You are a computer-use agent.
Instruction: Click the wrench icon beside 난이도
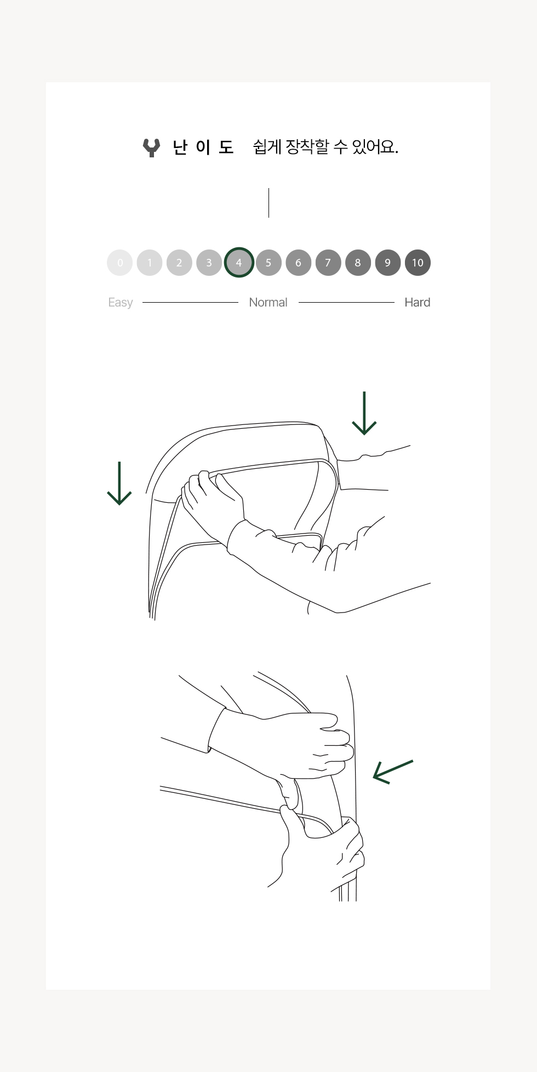point(151,148)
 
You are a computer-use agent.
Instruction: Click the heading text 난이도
point(203,148)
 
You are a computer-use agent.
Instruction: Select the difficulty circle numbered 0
point(120,263)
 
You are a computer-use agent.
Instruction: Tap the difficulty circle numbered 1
point(150,263)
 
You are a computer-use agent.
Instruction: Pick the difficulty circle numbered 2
point(179,263)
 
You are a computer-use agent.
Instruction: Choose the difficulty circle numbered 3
point(209,263)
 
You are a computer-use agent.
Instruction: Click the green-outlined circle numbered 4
point(239,263)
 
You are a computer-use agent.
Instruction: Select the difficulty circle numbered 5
point(268,263)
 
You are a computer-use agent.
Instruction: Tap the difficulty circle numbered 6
point(298,263)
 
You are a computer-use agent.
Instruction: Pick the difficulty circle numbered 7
point(328,263)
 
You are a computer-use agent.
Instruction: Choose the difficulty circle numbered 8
point(358,263)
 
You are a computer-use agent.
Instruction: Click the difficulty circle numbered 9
point(388,263)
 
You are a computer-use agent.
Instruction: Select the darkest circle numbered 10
point(418,263)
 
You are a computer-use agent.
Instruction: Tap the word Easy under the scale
point(121,303)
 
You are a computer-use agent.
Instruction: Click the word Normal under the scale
point(268,302)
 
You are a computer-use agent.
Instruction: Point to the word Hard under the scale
point(417,302)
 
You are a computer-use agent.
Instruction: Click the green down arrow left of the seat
point(119,483)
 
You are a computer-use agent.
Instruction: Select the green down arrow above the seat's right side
point(364,413)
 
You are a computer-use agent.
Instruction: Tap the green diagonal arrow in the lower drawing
point(393,772)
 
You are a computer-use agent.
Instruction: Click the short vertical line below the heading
point(268,203)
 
